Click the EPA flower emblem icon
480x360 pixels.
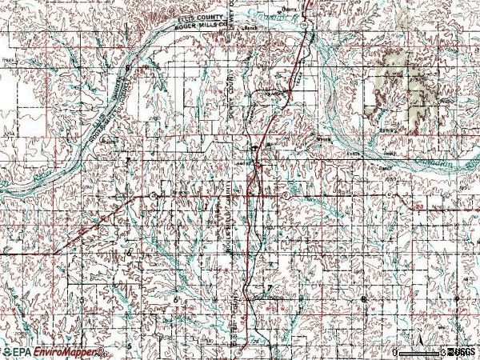(x=6, y=352)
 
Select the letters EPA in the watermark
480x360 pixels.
(x=19, y=352)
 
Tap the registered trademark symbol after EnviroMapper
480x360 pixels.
(x=102, y=349)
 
